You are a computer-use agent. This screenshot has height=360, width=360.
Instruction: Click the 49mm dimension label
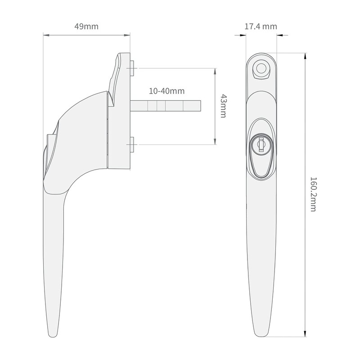[86, 27]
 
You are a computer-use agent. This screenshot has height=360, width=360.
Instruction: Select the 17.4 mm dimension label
[261, 27]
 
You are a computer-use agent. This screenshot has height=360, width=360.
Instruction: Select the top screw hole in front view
[261, 69]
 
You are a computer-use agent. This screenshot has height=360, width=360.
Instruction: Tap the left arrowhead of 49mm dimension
[45, 35]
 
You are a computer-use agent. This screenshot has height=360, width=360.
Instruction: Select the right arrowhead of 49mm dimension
[128, 35]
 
